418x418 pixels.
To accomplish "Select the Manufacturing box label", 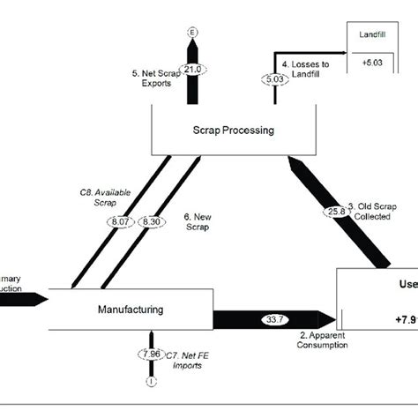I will coord(130,310).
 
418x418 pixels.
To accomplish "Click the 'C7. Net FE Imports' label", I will coord(190,358).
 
